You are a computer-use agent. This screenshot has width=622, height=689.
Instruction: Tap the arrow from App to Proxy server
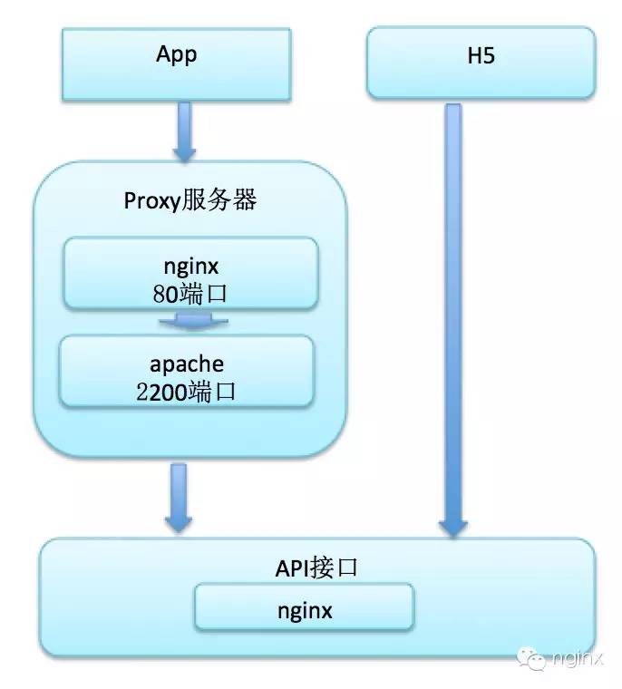[x=185, y=131]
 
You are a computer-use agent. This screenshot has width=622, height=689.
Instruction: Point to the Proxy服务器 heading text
[x=190, y=200]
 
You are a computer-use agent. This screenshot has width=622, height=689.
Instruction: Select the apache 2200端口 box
[x=187, y=371]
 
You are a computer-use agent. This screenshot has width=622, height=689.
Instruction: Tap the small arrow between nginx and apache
[x=190, y=321]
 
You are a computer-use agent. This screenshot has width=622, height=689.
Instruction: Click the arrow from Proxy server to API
[x=179, y=497]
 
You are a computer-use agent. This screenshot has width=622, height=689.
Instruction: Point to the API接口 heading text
[x=317, y=568]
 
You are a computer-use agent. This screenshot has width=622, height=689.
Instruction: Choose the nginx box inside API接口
[x=305, y=607]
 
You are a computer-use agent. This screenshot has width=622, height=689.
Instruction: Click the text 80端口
[x=190, y=292]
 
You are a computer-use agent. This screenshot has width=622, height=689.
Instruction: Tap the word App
[x=176, y=54]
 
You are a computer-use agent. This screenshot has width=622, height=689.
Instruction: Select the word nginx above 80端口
[x=190, y=268]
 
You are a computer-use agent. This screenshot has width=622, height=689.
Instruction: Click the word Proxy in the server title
[x=149, y=201]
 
